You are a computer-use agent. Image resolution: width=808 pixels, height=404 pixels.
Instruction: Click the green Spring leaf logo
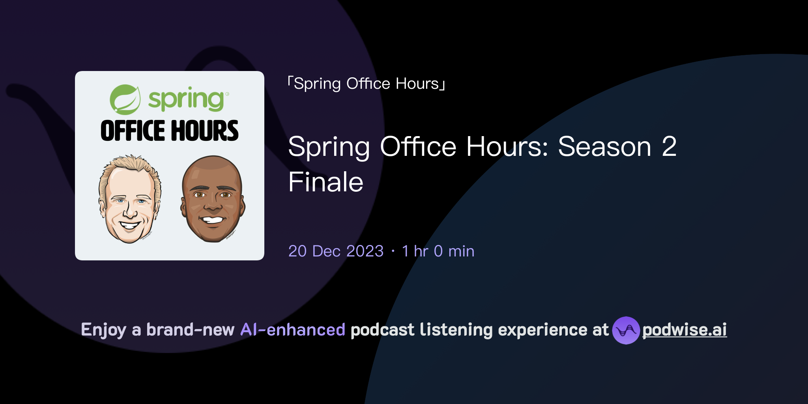125,99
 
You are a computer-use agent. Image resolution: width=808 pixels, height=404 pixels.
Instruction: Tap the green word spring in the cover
186,99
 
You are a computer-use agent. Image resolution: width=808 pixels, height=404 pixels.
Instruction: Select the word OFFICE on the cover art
133,131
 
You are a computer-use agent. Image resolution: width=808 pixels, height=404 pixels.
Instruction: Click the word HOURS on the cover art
205,131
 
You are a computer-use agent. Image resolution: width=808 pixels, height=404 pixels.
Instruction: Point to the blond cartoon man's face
129,205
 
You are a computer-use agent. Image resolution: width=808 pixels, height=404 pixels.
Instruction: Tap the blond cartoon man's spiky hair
130,166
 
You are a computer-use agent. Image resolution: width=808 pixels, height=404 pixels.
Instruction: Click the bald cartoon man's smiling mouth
213,220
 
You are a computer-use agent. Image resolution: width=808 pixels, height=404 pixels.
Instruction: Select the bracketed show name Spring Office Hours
367,84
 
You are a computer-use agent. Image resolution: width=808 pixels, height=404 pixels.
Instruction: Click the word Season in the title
604,147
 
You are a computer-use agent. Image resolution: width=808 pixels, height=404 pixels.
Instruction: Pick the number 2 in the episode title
669,147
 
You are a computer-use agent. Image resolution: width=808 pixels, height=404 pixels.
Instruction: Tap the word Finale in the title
326,182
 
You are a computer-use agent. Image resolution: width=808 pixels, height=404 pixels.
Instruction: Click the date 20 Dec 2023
336,251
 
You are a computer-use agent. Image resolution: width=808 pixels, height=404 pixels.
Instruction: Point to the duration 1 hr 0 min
438,251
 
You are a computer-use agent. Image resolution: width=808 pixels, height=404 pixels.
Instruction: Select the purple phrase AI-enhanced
293,330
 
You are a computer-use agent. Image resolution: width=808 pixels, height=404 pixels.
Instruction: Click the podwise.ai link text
685,330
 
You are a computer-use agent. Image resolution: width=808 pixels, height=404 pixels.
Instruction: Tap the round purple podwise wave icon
626,330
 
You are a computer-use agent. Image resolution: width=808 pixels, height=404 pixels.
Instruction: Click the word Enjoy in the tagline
103,330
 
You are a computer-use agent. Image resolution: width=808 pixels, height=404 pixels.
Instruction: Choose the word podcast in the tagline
382,330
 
